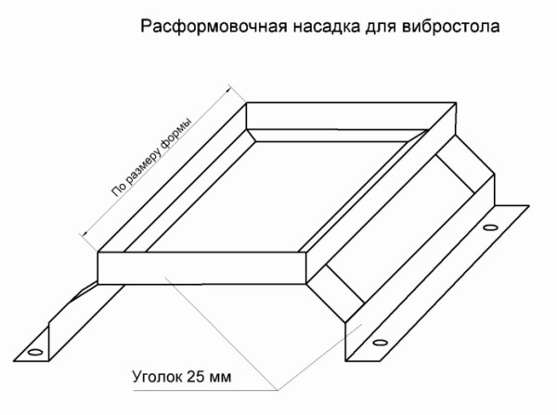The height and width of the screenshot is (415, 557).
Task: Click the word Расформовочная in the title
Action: (214, 27)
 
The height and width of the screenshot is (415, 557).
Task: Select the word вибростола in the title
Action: (451, 27)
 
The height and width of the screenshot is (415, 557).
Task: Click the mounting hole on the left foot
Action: (35, 352)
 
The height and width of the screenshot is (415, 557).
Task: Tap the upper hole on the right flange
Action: (490, 227)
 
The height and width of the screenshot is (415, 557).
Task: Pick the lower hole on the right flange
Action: (380, 343)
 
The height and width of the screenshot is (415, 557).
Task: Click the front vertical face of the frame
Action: (201, 268)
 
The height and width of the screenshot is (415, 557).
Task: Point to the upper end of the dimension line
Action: (229, 86)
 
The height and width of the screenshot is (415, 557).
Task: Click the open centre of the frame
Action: (277, 195)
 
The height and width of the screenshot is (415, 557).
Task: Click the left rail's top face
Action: (172, 177)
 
